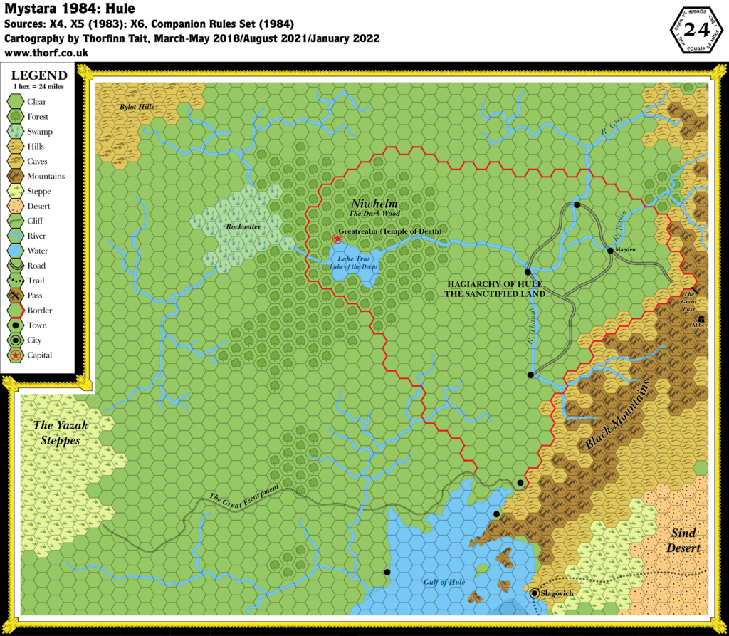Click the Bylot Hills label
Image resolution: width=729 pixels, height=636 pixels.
(136, 107)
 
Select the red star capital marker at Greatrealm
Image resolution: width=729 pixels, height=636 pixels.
(337, 239)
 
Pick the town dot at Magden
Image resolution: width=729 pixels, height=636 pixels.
(610, 250)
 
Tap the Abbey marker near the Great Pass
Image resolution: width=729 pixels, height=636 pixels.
(702, 318)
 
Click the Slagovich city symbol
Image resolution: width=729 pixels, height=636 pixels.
(535, 592)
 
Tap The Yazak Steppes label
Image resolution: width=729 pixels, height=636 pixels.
(61, 432)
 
